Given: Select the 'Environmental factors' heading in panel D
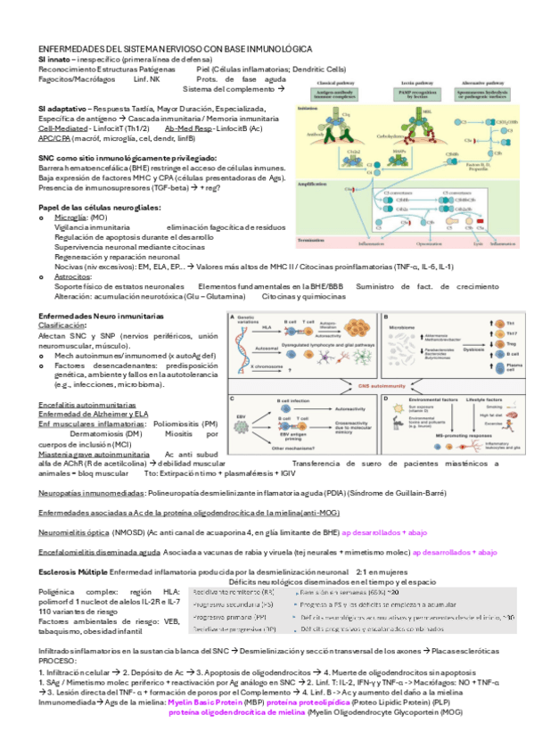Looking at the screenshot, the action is click(431, 402).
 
